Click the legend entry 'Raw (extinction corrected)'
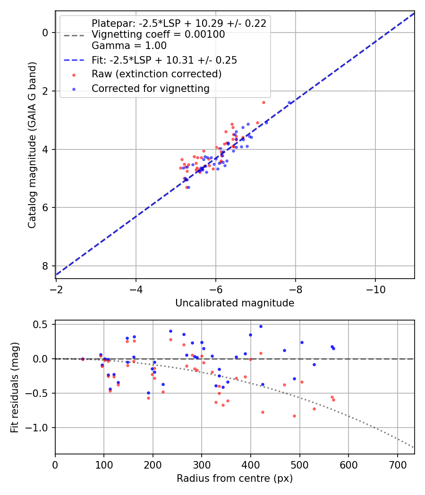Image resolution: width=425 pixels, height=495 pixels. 156,74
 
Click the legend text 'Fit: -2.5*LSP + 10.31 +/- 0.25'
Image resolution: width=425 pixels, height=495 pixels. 164,60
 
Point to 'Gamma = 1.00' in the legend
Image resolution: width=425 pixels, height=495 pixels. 129,46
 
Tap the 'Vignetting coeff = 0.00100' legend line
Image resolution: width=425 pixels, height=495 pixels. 158,34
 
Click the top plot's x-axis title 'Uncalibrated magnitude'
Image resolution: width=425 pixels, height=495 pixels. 235,303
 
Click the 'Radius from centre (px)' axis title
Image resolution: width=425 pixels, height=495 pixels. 235,478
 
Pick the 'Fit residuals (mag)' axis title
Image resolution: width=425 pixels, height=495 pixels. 15,387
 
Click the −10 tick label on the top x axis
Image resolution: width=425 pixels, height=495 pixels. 375,287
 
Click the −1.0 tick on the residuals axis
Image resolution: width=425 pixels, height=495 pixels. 40,428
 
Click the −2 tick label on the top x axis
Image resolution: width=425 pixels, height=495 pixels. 56,287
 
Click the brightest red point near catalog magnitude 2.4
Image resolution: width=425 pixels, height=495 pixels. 263,102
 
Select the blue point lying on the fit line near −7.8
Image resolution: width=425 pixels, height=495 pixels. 289,102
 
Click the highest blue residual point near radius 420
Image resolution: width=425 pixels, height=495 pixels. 260,326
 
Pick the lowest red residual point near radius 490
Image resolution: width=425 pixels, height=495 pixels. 294,416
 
